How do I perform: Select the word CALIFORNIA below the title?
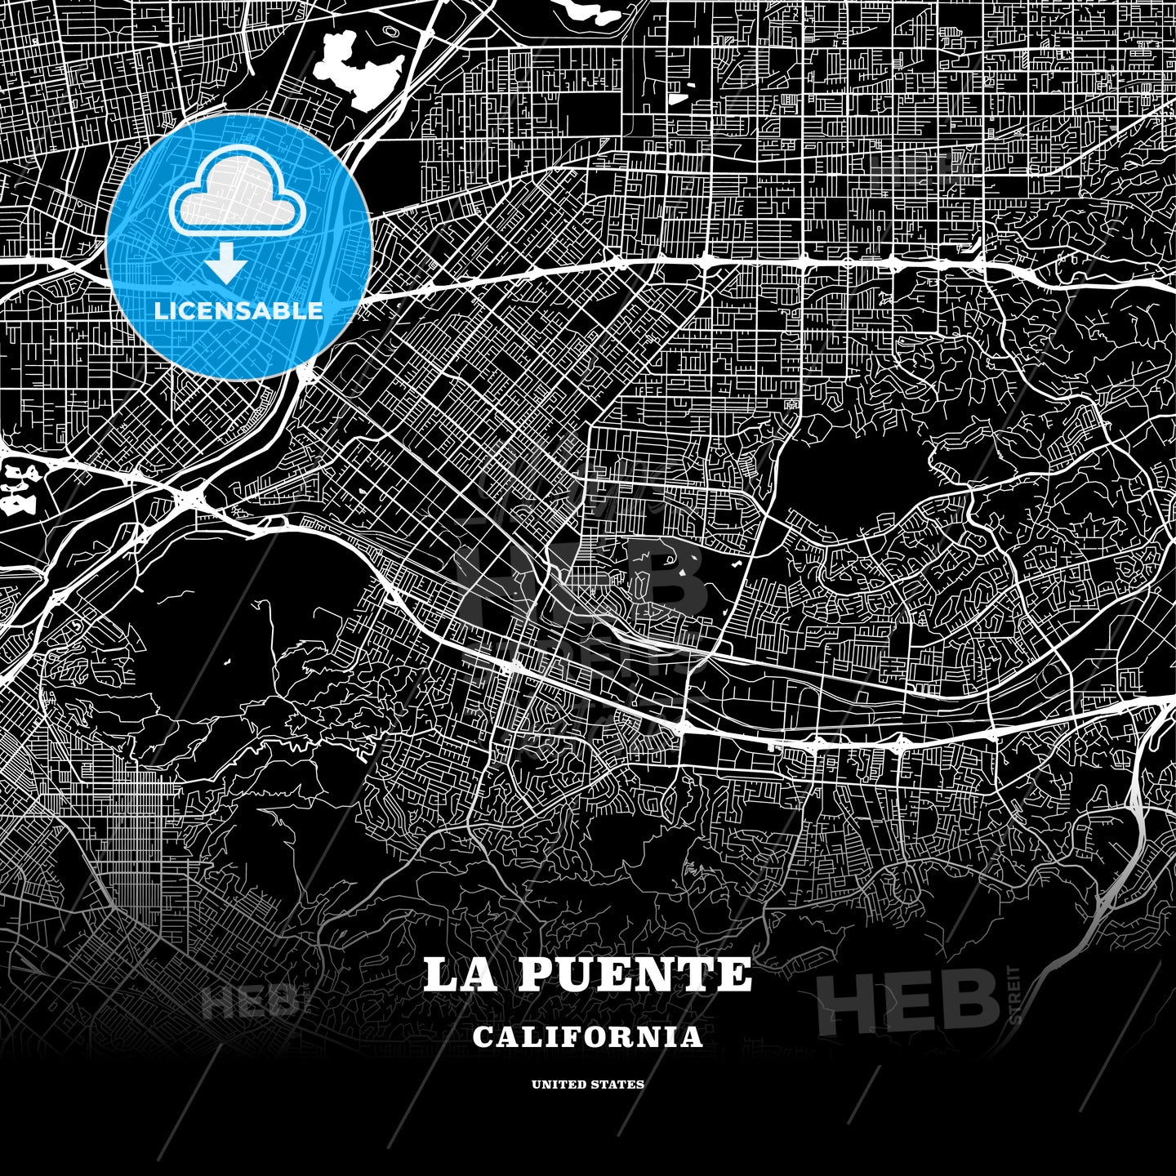coord(587,1037)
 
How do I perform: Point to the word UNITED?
coord(559,1085)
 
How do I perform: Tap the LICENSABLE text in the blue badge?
coord(238,311)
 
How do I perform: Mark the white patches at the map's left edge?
coord(15,488)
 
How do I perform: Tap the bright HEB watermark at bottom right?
coord(908,1003)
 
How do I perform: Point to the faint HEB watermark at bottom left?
coord(249,1003)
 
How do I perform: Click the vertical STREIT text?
coord(1015,994)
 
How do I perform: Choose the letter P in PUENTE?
coord(534,974)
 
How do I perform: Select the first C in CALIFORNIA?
coord(482,1037)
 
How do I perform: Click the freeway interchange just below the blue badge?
coord(194,496)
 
